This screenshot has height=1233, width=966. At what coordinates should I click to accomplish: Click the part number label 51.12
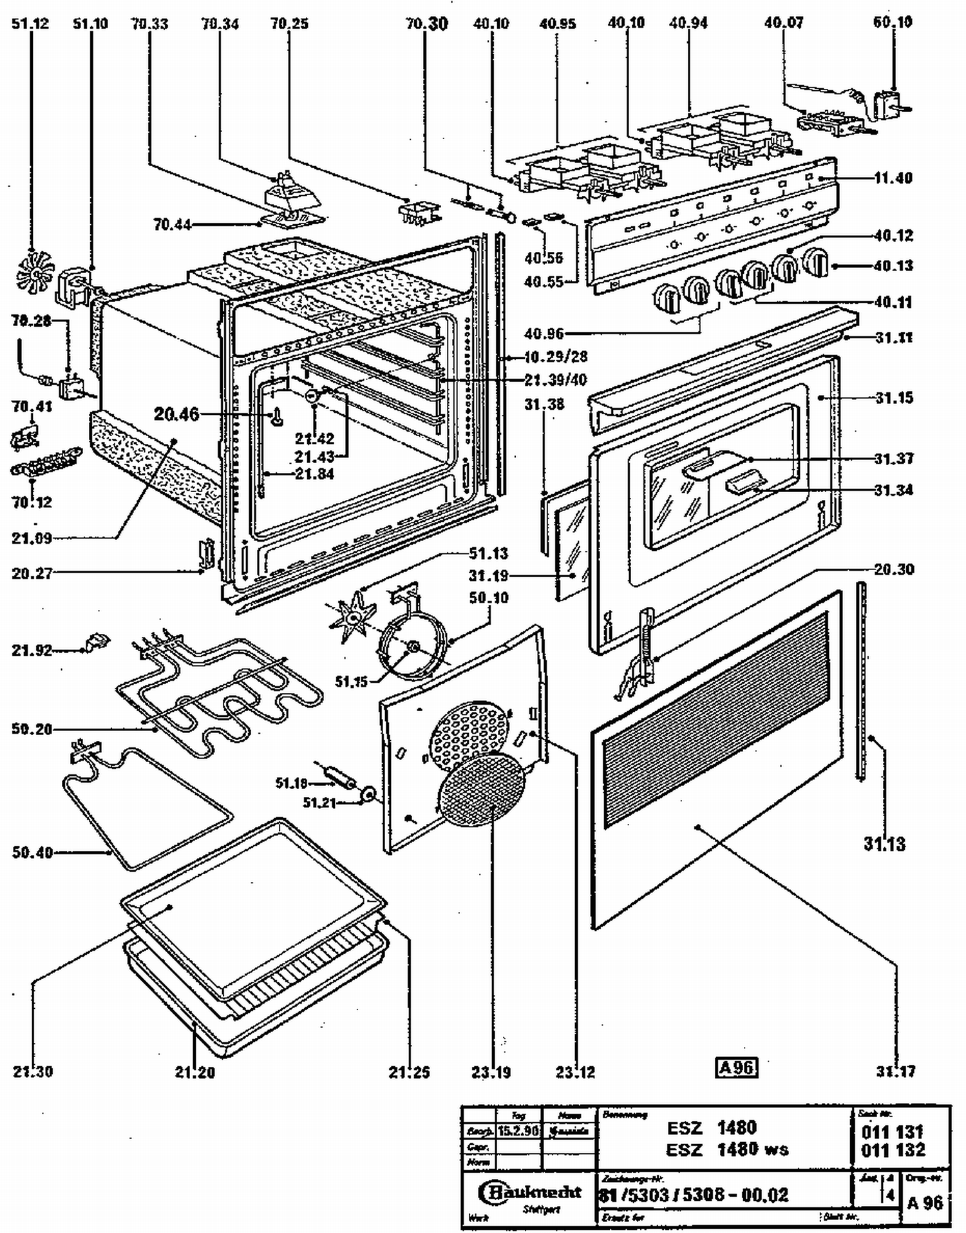click(x=30, y=24)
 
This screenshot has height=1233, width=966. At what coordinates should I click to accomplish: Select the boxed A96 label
click(x=736, y=1067)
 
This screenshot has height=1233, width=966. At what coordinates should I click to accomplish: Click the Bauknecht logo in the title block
click(x=530, y=1192)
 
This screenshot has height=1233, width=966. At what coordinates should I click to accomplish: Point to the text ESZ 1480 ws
click(x=727, y=1149)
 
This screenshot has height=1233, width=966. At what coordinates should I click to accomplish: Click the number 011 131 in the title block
click(x=893, y=1131)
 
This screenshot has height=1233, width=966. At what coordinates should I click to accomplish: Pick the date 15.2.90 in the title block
click(x=518, y=1131)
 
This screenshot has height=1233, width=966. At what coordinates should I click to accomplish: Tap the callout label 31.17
click(x=895, y=1071)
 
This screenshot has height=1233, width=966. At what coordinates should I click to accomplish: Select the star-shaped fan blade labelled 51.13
click(x=352, y=618)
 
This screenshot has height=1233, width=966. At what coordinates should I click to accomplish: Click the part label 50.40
click(x=32, y=852)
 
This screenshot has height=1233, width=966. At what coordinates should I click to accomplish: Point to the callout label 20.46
click(x=176, y=414)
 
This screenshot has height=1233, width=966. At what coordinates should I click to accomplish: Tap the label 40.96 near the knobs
click(x=544, y=334)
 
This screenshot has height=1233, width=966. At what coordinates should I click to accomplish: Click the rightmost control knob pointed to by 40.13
click(x=817, y=263)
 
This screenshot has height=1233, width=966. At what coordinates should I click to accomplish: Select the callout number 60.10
click(x=893, y=22)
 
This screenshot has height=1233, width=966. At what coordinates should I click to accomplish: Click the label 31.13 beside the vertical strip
click(x=884, y=843)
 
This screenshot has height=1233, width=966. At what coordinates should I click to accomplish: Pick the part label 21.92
click(x=32, y=650)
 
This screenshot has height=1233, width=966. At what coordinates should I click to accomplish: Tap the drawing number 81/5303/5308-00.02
click(x=694, y=1196)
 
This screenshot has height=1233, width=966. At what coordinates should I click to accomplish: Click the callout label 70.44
click(x=172, y=225)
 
